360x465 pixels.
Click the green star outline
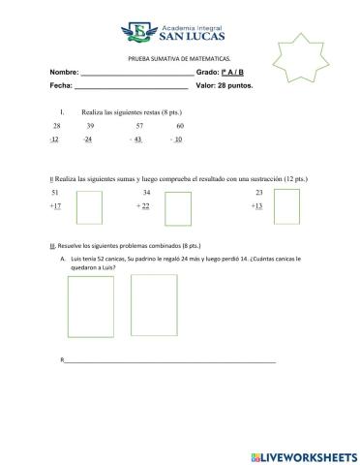pos(308,57)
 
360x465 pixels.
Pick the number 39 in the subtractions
pos(90,126)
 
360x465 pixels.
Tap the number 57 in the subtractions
pos(139,126)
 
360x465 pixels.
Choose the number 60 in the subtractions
pos(180,126)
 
